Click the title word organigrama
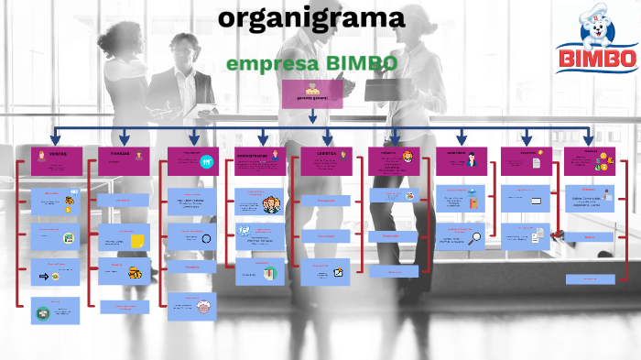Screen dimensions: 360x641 point(311,17)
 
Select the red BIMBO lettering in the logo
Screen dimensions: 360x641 point(597,59)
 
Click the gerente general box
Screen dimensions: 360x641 point(312,93)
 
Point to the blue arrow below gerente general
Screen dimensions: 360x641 point(312,116)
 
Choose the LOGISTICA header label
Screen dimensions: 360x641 point(327,153)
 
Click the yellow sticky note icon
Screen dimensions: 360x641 point(137,240)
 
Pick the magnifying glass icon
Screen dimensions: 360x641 point(476,239)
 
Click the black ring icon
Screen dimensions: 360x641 point(207,239)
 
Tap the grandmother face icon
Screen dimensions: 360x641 point(203,306)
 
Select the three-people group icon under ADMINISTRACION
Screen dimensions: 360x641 point(271,204)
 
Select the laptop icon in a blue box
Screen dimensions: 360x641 point(537,200)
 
